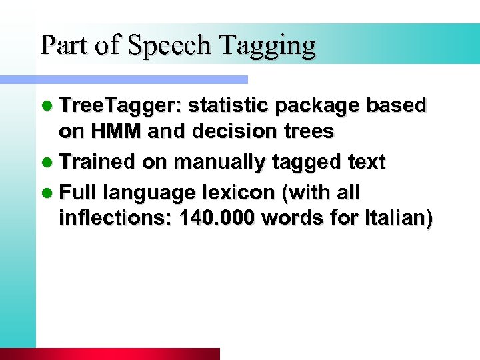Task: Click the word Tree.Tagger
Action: click(x=121, y=106)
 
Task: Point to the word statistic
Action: click(x=227, y=106)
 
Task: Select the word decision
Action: click(x=230, y=132)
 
